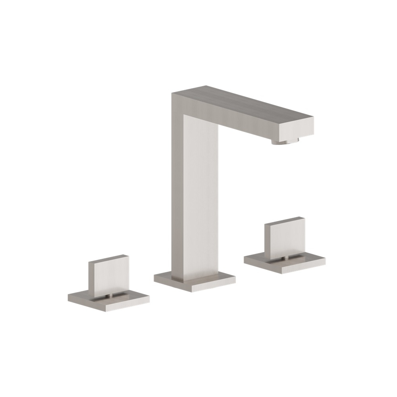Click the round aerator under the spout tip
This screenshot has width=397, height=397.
pyautogui.click(x=285, y=141)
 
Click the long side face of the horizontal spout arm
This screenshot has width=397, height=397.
pyautogui.click(x=238, y=115)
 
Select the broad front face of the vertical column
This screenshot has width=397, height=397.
pyautogui.click(x=200, y=198)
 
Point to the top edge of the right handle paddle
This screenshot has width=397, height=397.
pyautogui.click(x=284, y=220)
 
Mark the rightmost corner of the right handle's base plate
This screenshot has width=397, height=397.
pyautogui.click(x=325, y=260)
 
